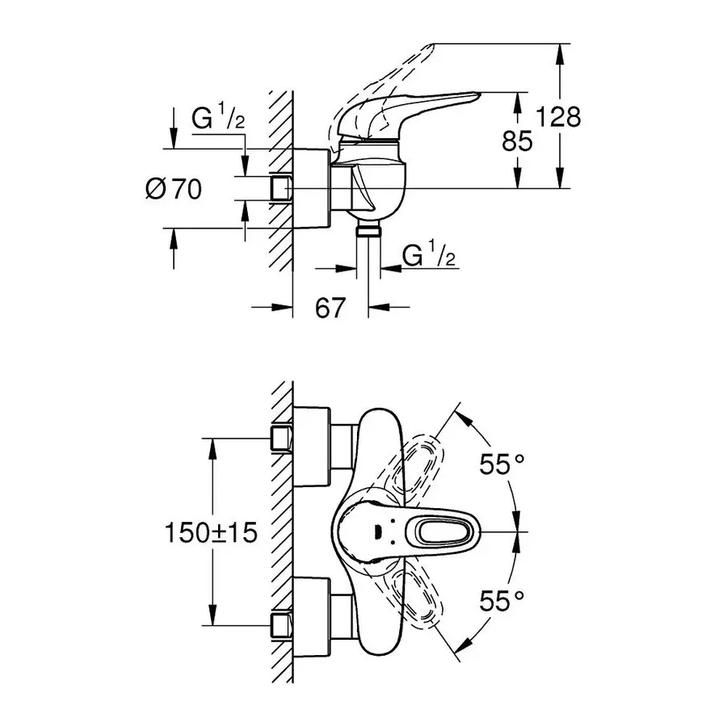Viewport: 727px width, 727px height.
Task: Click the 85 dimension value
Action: [x=517, y=141]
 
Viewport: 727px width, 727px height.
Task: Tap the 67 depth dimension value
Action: [x=330, y=308]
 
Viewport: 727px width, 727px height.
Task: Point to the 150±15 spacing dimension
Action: [x=210, y=532]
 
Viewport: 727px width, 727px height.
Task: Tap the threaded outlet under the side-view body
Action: [x=369, y=229]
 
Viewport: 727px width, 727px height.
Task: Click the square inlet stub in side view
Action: [x=280, y=189]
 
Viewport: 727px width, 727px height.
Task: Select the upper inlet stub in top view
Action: [x=280, y=439]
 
